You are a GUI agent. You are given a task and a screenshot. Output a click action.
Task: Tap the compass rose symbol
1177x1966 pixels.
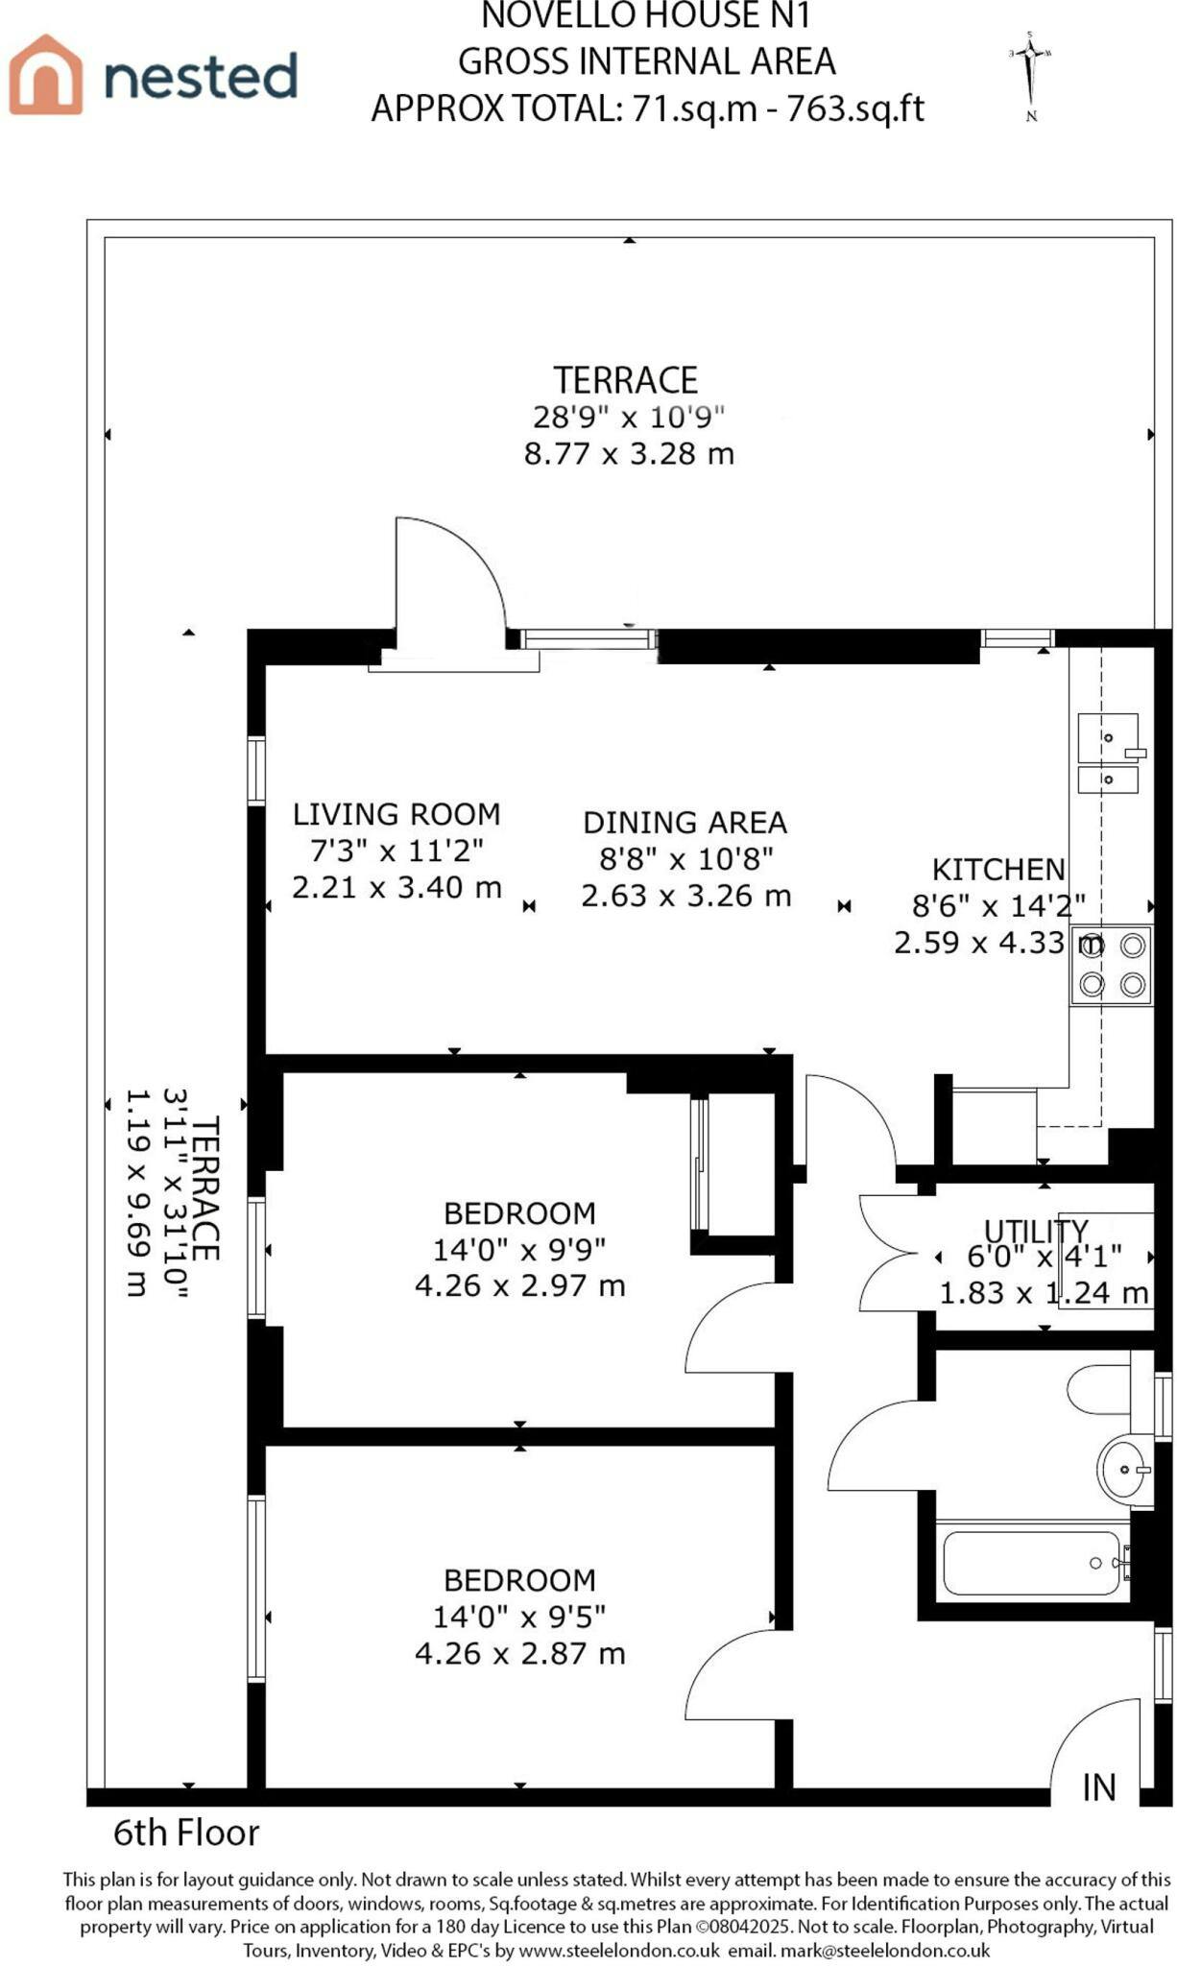tap(1031, 76)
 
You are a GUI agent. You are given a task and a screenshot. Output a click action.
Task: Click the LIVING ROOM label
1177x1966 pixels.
tap(396, 814)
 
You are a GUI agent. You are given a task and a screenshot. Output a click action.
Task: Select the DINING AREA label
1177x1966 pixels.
tap(685, 823)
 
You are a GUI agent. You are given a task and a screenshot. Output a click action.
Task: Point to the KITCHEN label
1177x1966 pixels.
tap(999, 870)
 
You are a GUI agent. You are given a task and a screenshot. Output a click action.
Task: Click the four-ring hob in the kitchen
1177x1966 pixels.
tap(1112, 965)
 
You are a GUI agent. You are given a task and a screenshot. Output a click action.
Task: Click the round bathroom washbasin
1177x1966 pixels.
tap(1124, 1468)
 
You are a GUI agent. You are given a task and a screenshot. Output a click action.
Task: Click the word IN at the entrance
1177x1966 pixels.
tap(1099, 1786)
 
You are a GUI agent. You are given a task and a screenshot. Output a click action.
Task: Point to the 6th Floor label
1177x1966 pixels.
tap(186, 1833)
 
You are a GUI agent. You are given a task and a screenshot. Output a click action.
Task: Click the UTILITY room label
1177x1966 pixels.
tap(1036, 1230)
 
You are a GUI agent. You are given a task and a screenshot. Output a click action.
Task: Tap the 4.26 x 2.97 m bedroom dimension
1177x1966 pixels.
tap(519, 1284)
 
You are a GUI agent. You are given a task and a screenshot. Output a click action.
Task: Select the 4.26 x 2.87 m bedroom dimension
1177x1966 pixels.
tap(519, 1653)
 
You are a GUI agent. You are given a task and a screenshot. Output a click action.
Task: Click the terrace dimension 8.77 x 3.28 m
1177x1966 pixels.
tap(629, 453)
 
